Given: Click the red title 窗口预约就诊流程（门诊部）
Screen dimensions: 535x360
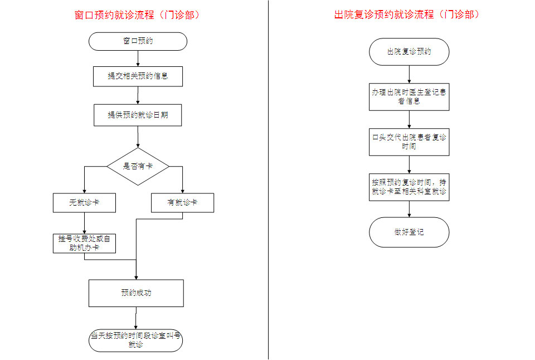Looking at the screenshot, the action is coord(137,16).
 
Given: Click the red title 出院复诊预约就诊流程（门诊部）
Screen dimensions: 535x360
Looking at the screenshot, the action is coord(407,14).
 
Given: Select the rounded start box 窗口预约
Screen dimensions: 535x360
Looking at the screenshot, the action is coord(138,41).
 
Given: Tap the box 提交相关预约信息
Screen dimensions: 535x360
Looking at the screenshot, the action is coord(138,76).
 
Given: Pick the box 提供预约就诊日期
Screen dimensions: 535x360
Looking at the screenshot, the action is coord(138,115).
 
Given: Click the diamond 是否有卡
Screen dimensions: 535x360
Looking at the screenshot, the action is coord(138,167).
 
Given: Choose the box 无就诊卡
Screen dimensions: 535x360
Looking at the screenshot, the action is coord(84,203).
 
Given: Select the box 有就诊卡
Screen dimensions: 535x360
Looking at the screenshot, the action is coord(183,203).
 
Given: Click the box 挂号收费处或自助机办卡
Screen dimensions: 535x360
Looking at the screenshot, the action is coord(84,244).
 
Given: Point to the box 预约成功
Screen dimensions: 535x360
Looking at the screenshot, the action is coord(136,293).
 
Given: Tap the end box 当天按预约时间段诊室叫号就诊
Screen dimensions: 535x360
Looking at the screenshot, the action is coord(136,340).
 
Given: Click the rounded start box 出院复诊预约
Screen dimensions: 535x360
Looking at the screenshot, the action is coord(409,52).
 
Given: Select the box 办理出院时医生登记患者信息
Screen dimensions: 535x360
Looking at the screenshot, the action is coord(409,97).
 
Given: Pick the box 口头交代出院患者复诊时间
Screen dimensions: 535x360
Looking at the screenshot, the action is coord(409,142).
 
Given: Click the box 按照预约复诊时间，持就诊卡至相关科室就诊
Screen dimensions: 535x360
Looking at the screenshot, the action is coord(409,187).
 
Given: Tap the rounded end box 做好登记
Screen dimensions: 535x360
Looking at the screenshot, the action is coord(409,232).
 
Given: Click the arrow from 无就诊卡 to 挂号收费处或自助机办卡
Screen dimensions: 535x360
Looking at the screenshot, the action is coord(84,223).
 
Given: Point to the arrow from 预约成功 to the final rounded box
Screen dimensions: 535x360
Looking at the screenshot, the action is coord(136,318).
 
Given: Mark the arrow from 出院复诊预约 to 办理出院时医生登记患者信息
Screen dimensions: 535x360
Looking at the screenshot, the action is coord(409,74).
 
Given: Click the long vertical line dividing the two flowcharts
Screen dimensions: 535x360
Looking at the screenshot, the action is coord(268,180).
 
